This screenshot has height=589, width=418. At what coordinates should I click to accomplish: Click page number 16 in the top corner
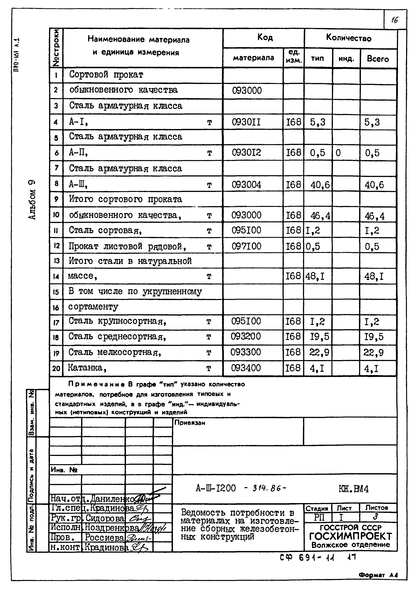pyautogui.click(x=395, y=20)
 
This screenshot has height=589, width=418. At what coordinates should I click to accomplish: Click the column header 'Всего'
pyautogui.click(x=378, y=59)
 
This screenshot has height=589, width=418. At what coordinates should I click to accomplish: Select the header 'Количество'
pyautogui.click(x=349, y=38)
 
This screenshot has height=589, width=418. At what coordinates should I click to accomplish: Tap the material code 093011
pyautogui.click(x=246, y=122)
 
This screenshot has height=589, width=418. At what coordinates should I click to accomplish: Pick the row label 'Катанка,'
pyautogui.click(x=87, y=368)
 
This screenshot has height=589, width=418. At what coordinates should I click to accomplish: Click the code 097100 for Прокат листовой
pyautogui.click(x=246, y=246)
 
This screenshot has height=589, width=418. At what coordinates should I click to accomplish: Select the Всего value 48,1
pyautogui.click(x=374, y=277)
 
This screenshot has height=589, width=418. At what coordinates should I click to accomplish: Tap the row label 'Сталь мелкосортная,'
pyautogui.click(x=115, y=352)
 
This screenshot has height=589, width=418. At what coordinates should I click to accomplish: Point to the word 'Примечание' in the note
pyautogui.click(x=97, y=384)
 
